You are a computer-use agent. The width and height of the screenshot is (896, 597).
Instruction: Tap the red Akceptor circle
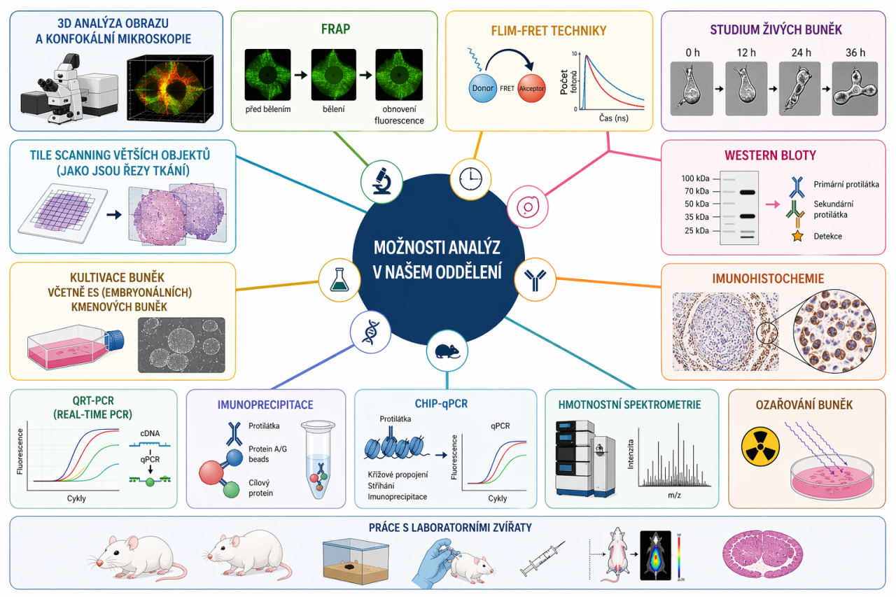click(531, 90)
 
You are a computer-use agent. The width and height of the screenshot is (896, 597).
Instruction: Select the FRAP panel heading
click(335, 31)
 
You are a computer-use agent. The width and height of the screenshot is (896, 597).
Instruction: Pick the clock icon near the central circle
click(470, 179)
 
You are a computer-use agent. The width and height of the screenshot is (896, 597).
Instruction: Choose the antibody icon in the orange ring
click(535, 280)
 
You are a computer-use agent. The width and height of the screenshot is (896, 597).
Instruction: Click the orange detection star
click(797, 237)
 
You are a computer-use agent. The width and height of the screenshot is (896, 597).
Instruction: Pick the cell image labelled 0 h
click(692, 88)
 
